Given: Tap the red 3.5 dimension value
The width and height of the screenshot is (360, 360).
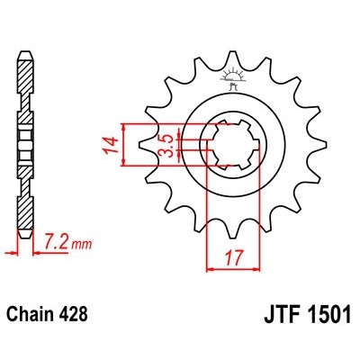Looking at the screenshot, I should click(x=166, y=144).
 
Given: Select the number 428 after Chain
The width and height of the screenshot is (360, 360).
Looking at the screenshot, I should click(x=75, y=316).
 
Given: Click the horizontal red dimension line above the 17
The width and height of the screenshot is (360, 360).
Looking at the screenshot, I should click(x=235, y=266).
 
